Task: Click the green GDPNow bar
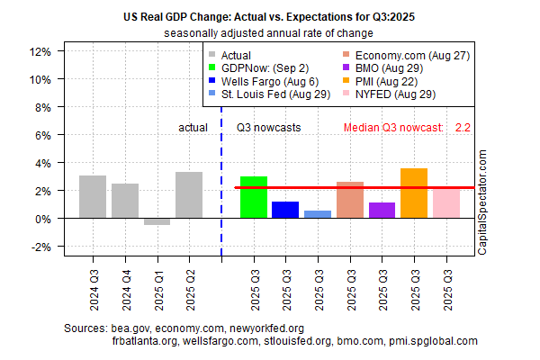click(254, 197)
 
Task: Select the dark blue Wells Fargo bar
click(285, 210)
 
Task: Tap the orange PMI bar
click(414, 193)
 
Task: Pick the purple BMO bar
click(382, 211)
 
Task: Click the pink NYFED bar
click(445, 203)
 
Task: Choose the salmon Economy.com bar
click(350, 200)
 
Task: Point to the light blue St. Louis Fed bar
click(318, 214)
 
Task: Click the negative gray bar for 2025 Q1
click(157, 221)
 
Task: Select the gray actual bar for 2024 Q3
click(93, 197)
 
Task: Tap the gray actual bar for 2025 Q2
click(189, 195)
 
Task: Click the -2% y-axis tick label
click(39, 247)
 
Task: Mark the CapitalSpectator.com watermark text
click(481, 202)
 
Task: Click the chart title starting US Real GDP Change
click(269, 17)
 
